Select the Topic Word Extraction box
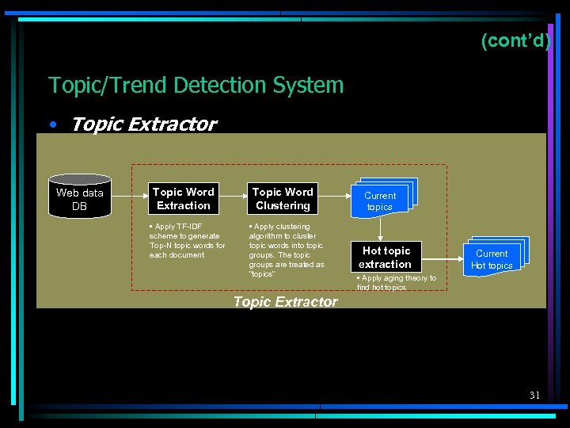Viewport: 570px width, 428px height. tap(183, 199)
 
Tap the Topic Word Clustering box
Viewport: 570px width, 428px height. tap(283, 199)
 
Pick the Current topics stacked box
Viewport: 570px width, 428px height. tap(382, 198)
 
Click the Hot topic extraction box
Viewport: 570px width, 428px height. tap(386, 258)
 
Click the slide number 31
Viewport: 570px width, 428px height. tap(534, 395)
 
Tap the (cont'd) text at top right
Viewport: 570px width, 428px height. tap(515, 40)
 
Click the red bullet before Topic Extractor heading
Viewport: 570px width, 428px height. tap(52, 125)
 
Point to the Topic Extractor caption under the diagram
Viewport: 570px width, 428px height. tap(285, 301)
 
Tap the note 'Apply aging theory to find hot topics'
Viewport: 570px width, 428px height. tap(396, 283)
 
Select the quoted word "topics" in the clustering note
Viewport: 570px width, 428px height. tap(261, 274)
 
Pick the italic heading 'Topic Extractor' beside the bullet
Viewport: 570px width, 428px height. tap(143, 124)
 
